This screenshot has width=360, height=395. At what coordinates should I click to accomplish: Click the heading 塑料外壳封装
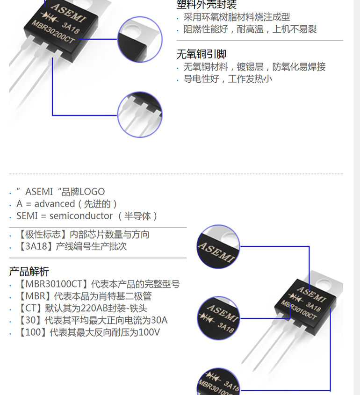click(x=206, y=5)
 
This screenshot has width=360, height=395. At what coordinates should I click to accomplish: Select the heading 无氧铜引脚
click(x=201, y=54)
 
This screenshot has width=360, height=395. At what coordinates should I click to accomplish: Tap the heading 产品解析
click(x=29, y=272)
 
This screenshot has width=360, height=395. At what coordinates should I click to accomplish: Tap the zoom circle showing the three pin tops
click(x=140, y=114)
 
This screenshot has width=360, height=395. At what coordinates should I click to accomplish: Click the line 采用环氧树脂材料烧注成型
click(x=237, y=17)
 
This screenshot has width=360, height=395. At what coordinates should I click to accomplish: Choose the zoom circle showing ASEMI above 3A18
click(x=218, y=318)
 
